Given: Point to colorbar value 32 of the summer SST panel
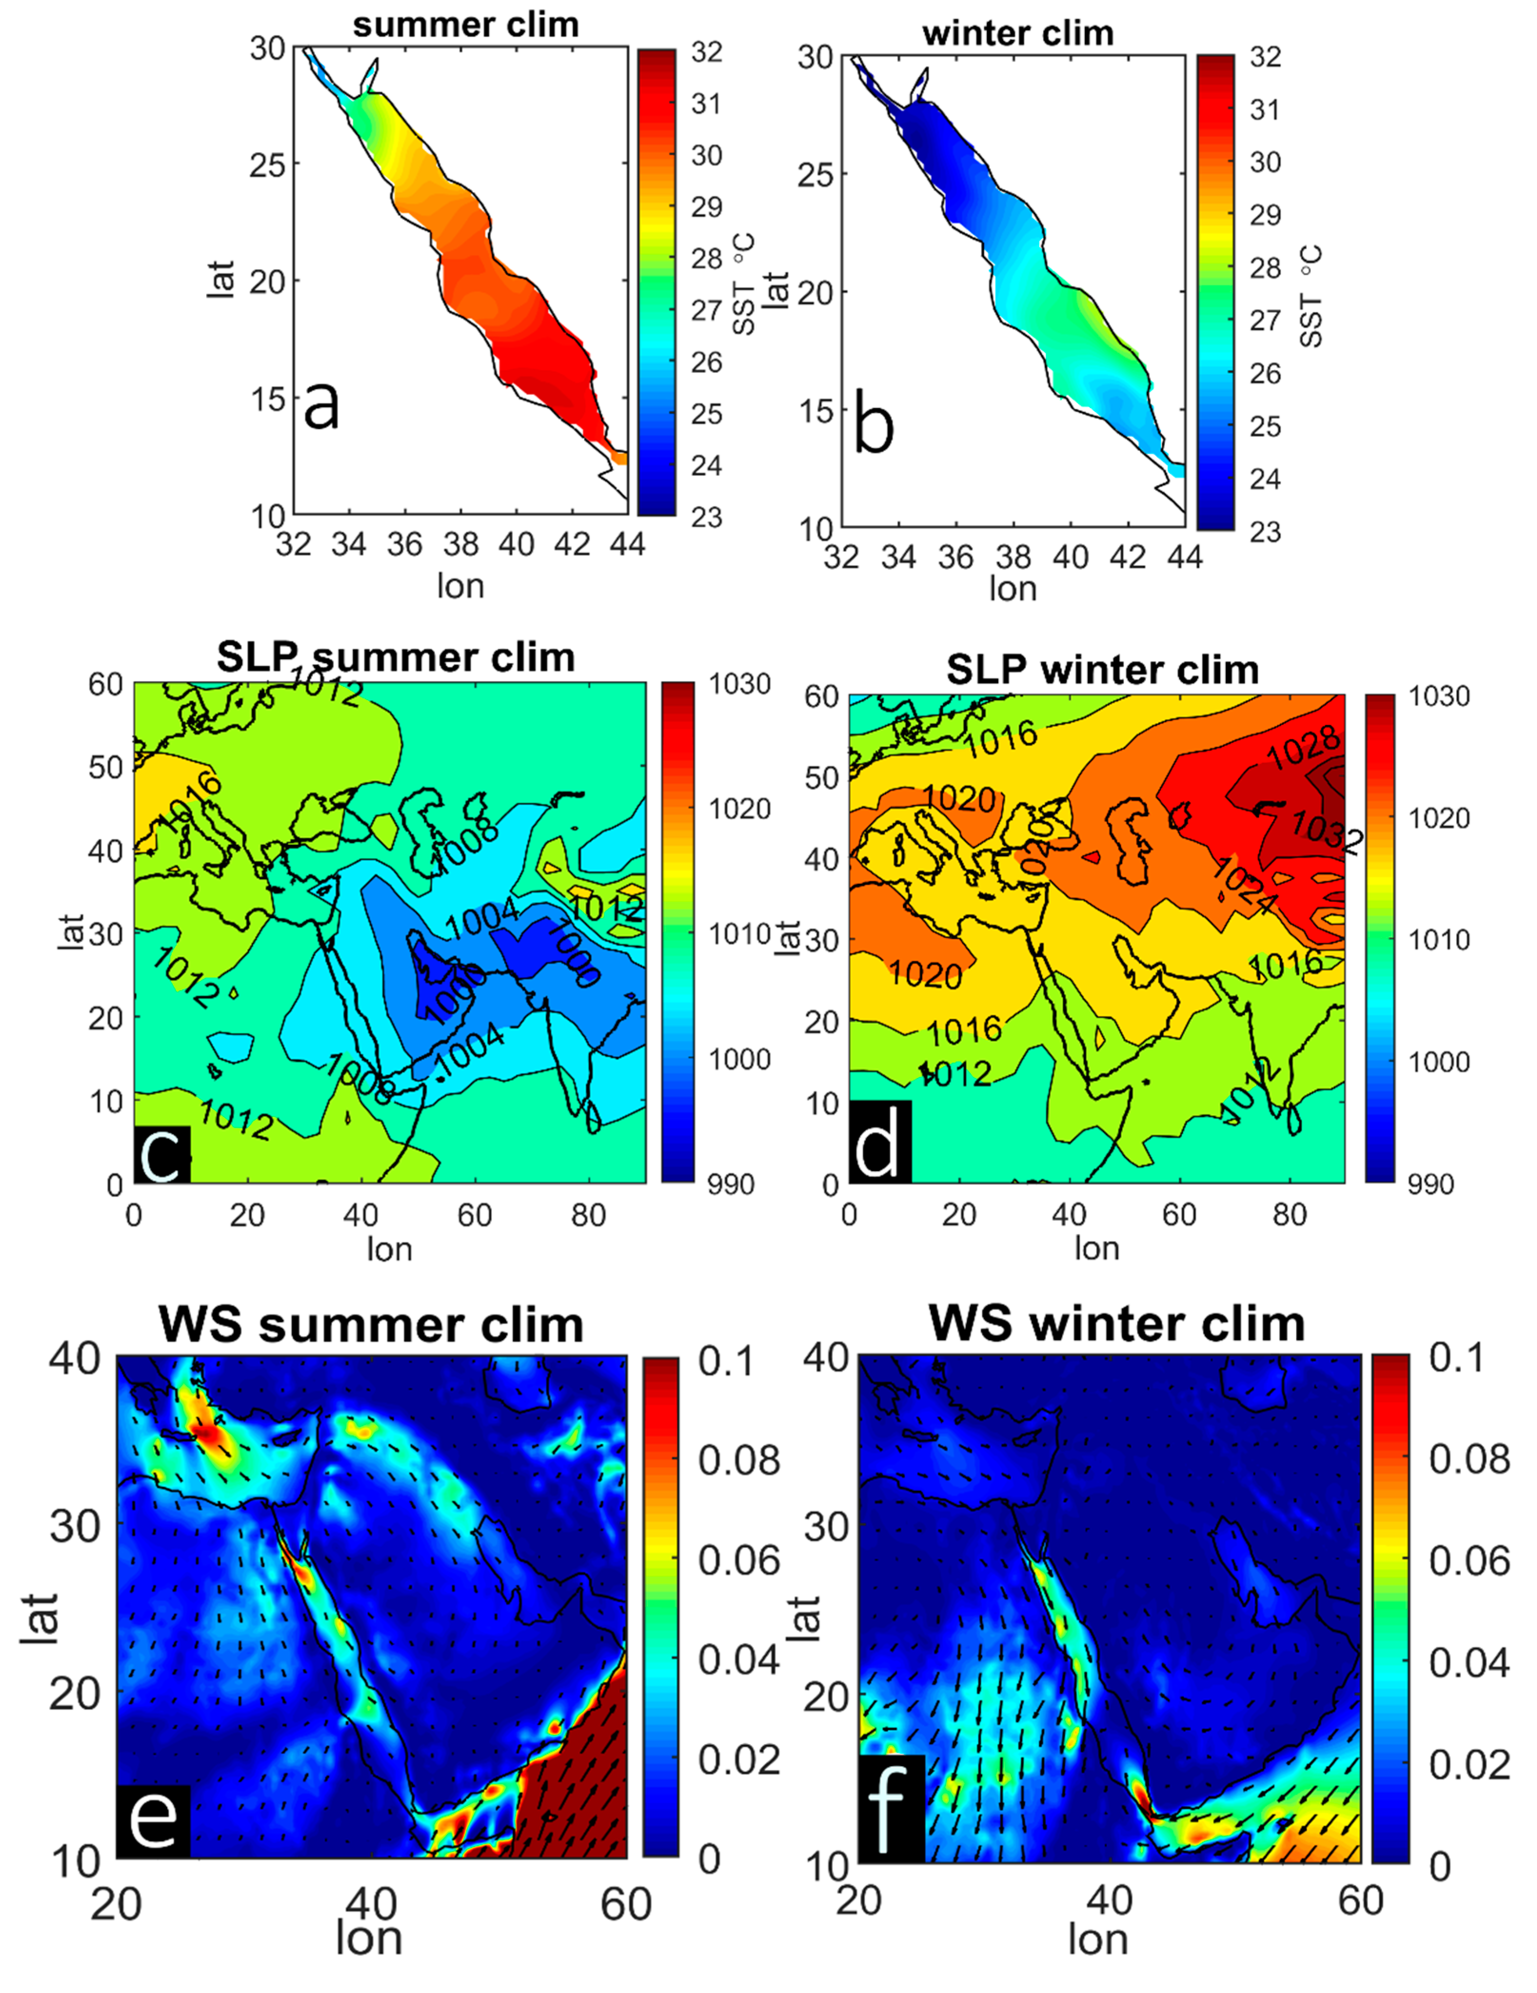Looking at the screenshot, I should click(707, 52).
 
